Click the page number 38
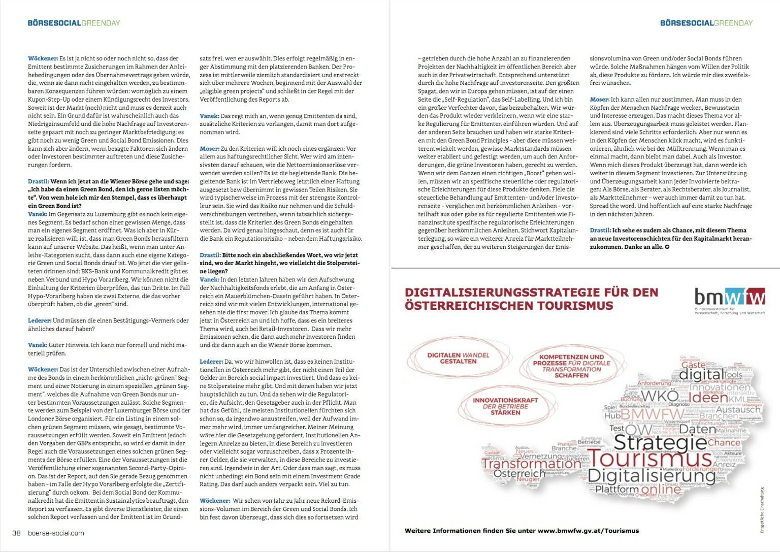16,533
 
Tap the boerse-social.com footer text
56,533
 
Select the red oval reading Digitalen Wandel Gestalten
458,358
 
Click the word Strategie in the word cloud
660,442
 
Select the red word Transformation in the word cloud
531,463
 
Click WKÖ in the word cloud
660,397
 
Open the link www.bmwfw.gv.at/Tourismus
588,531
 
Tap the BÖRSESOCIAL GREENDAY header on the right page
706,23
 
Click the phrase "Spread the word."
612,206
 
